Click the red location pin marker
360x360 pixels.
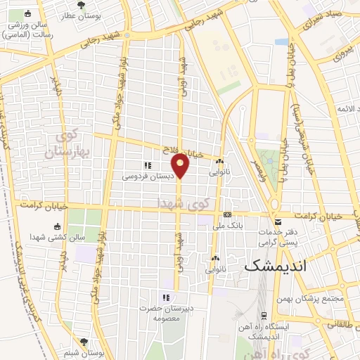pos(181,166)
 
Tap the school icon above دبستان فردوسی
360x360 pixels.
pos(148,165)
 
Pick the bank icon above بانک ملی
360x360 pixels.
pos(227,214)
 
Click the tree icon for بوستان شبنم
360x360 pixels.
pos(84,341)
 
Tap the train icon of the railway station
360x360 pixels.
pos(264,316)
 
